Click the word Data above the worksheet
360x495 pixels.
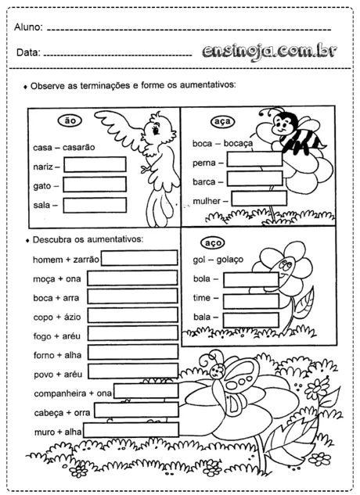tap(27, 53)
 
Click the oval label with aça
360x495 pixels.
tap(221, 122)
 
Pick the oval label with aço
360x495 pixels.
tap(213, 241)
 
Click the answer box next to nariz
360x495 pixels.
tap(94, 165)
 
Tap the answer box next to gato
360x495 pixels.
tap(94, 185)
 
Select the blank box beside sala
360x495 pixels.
tap(94, 205)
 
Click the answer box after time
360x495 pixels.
tap(250, 299)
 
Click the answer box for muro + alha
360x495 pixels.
tap(131, 429)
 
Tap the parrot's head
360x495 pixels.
tap(160, 129)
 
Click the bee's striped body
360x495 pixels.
tap(296, 141)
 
